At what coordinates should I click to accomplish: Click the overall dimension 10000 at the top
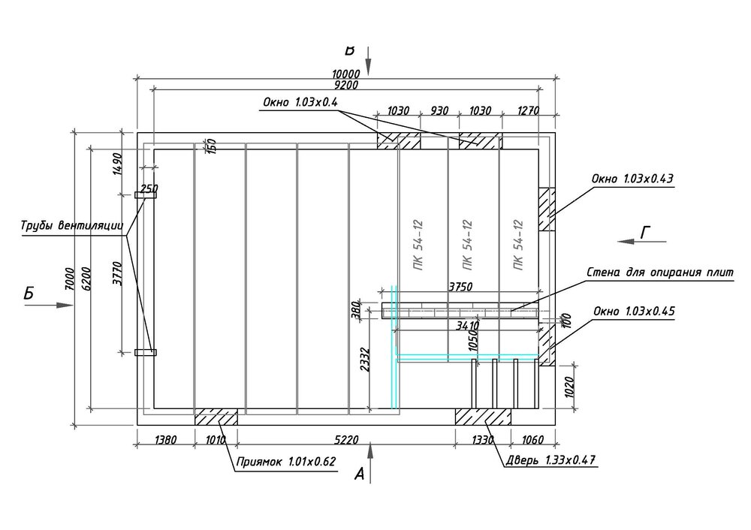pyautogui.click(x=346, y=74)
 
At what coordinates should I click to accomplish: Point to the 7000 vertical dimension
pyautogui.click(x=70, y=279)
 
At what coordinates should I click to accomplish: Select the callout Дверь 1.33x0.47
pyautogui.click(x=548, y=459)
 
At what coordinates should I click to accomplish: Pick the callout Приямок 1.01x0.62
pyautogui.click(x=286, y=462)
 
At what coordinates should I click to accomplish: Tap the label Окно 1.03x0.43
pyautogui.click(x=632, y=179)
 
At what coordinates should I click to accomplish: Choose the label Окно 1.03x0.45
pyautogui.click(x=632, y=309)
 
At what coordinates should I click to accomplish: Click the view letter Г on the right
pyautogui.click(x=645, y=233)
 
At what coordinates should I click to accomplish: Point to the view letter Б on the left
pyautogui.click(x=29, y=295)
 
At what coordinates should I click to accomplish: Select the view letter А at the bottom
pyautogui.click(x=360, y=474)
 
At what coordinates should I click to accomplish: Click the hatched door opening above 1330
pyautogui.click(x=483, y=417)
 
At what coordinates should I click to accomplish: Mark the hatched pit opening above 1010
pyautogui.click(x=216, y=417)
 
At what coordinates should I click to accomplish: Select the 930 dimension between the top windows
pyautogui.click(x=439, y=110)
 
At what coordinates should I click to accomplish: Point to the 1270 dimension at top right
pyautogui.click(x=529, y=110)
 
